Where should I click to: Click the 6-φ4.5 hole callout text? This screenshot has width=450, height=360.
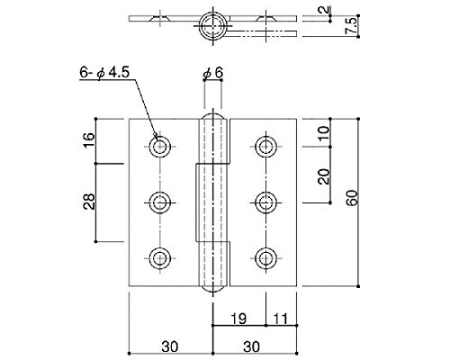coord(104,73)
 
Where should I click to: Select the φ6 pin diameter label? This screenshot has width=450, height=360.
coord(213,73)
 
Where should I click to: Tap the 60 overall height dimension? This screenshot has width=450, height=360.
coord(352,198)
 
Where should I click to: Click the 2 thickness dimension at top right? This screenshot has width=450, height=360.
coord(323,10)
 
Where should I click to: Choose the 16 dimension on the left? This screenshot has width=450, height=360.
coord(89,139)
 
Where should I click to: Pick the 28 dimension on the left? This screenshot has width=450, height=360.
coord(89,202)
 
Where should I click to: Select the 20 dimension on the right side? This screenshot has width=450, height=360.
coord(323,176)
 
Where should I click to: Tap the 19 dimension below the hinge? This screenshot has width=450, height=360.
coord(238,319)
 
